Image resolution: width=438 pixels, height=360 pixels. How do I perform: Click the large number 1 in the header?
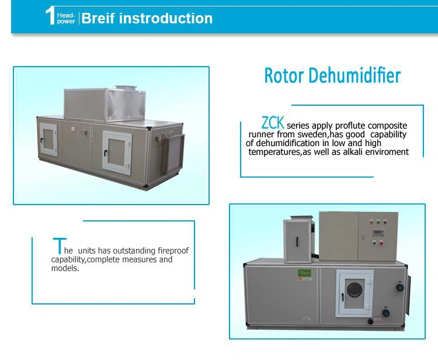coord(50,16)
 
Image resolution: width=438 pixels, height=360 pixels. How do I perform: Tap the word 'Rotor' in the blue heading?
coord(284,76)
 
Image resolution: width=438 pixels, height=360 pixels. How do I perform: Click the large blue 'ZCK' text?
coord(273,123)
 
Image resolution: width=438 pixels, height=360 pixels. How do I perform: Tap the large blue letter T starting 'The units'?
coord(58,245)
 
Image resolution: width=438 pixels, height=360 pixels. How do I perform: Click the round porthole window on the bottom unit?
coord(354,290)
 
